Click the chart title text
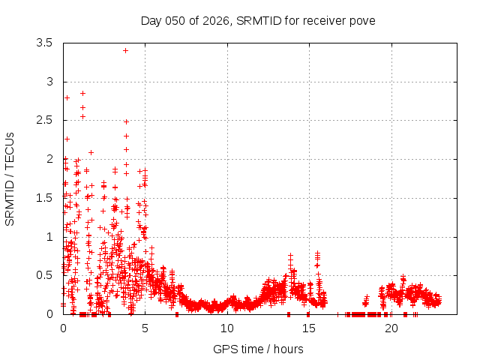pyautogui.click(x=258, y=20)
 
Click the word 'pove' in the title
pyautogui.click(x=363, y=20)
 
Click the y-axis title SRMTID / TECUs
pyautogui.click(x=10, y=178)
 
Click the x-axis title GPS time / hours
pyautogui.click(x=258, y=349)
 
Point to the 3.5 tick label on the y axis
pyautogui.click(x=45, y=43)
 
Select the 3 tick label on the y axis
pyautogui.click(x=49, y=82)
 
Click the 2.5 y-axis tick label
pyautogui.click(x=45, y=121)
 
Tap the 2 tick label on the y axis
pyautogui.click(x=49, y=159)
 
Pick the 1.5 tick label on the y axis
pyautogui.click(x=45, y=198)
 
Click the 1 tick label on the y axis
pyautogui.click(x=49, y=237)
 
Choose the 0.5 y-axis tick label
pyautogui.click(x=45, y=275)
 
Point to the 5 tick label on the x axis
pyautogui.click(x=145, y=328)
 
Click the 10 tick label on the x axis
pyautogui.click(x=227, y=328)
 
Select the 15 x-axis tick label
pyautogui.click(x=309, y=328)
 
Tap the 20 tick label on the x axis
pyautogui.click(x=391, y=328)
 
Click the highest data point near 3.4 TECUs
pyautogui.click(x=125, y=50)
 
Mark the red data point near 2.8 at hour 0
pyautogui.click(x=67, y=97)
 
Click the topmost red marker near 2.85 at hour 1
pyautogui.click(x=82, y=93)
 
